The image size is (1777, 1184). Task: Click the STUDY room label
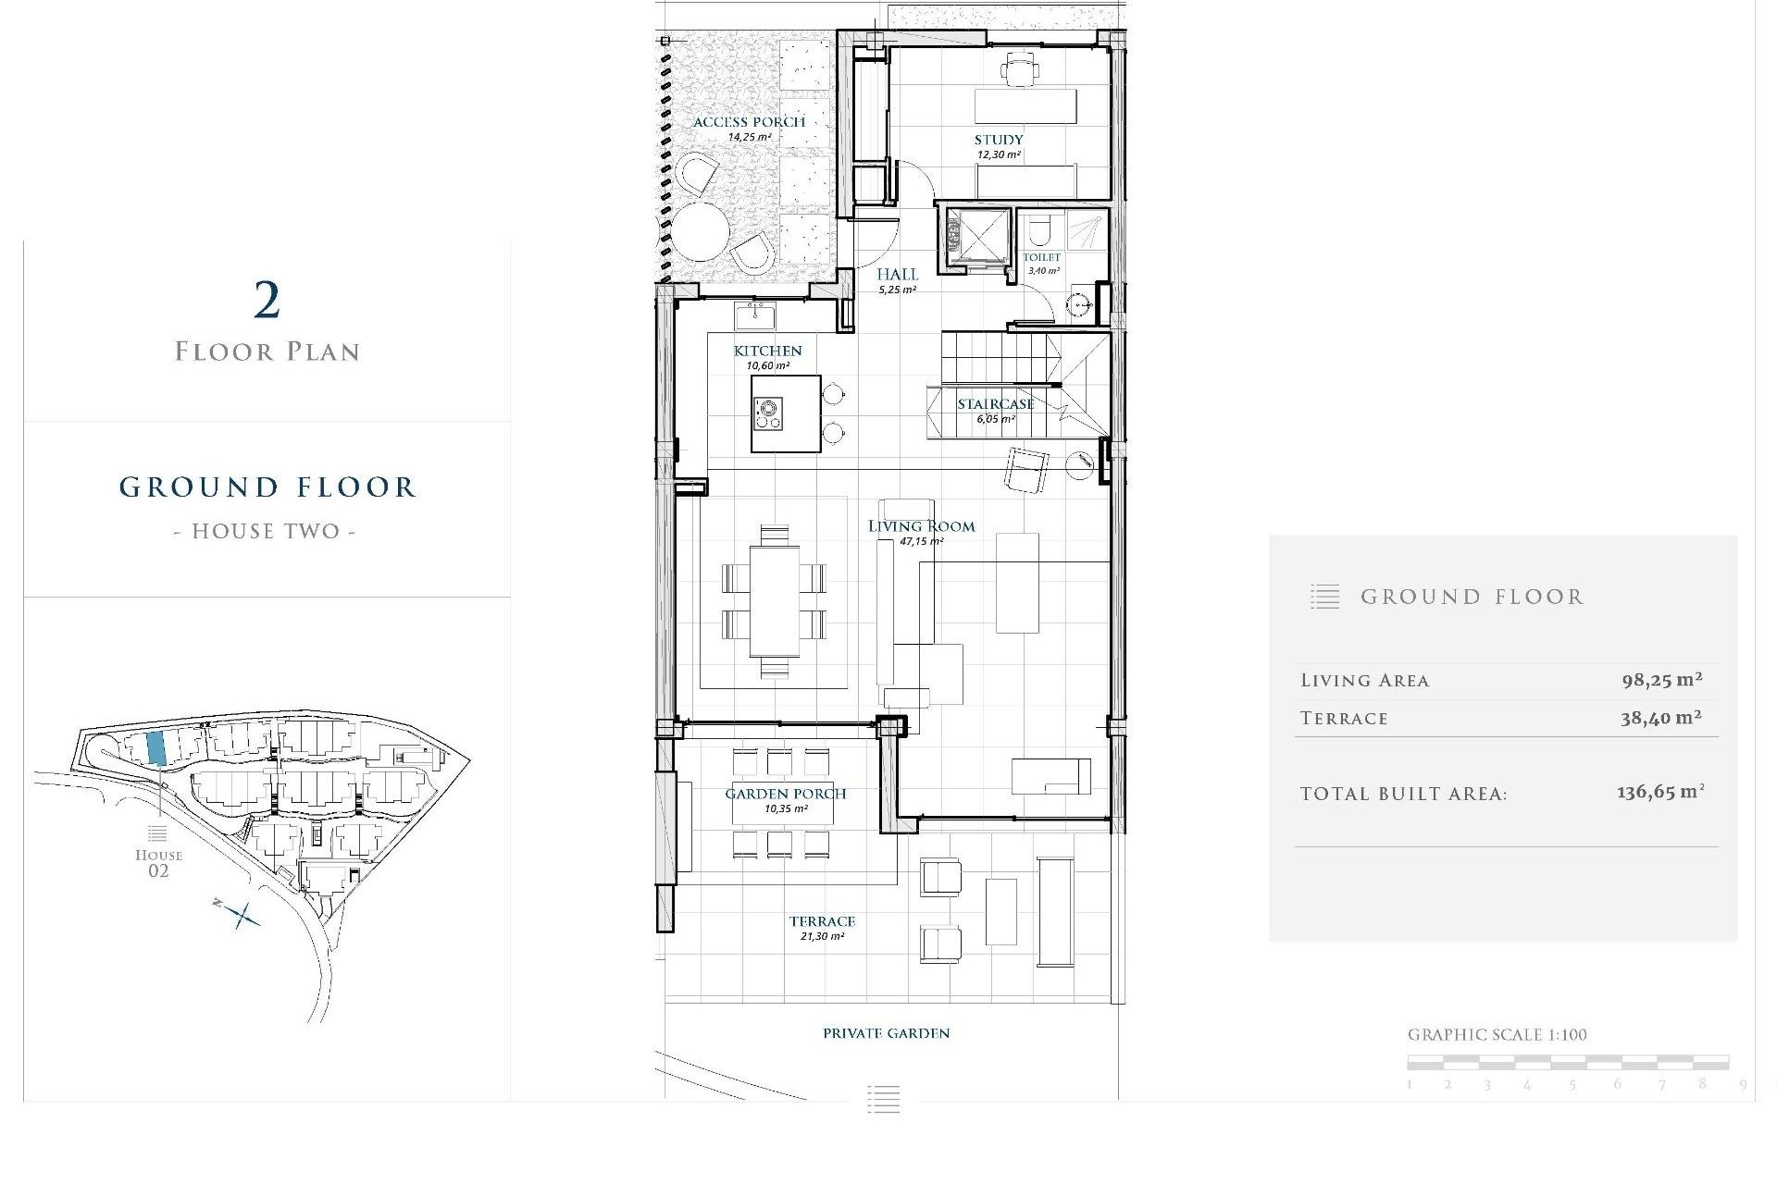(x=998, y=140)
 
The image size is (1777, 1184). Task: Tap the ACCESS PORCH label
(x=749, y=122)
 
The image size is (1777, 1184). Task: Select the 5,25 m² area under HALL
(x=897, y=290)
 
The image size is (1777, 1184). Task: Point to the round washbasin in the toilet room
(x=1078, y=304)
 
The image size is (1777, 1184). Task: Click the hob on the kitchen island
(x=767, y=413)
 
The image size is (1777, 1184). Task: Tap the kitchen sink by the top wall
(x=755, y=316)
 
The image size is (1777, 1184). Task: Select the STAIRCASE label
(x=995, y=404)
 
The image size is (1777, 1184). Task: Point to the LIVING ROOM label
(x=921, y=526)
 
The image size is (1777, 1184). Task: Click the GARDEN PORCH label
(x=785, y=794)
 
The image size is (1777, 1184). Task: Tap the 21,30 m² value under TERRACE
(x=822, y=937)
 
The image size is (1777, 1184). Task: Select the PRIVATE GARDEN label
(x=886, y=1033)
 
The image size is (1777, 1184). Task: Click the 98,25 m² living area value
(x=1661, y=680)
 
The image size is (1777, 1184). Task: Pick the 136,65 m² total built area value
(x=1659, y=793)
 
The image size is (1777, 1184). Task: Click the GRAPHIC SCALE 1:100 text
(x=1497, y=1035)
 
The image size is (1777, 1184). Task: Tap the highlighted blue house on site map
(x=156, y=747)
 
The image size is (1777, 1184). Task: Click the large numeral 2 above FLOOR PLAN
(x=267, y=301)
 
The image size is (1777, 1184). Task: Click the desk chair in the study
(x=1020, y=68)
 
